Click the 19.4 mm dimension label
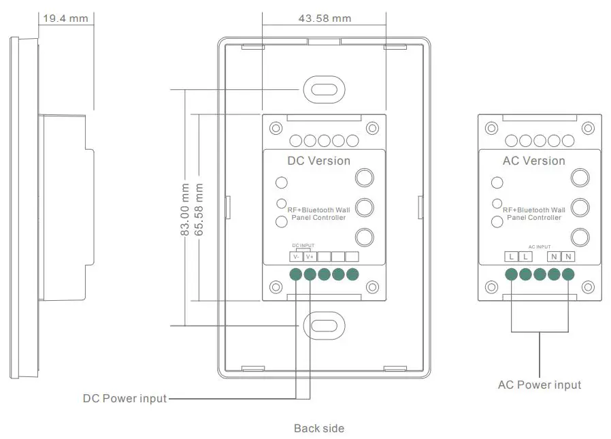click(x=65, y=18)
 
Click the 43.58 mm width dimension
click(x=325, y=18)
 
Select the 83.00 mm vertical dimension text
click(x=184, y=209)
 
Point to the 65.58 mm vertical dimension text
click(x=199, y=209)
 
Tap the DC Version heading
click(x=318, y=161)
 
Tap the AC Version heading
click(x=533, y=161)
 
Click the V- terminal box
click(x=296, y=257)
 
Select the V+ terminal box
click(x=310, y=257)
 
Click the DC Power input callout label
click(x=125, y=399)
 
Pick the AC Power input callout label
click(x=540, y=385)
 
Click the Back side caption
click(x=319, y=429)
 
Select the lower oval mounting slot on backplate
click(x=325, y=325)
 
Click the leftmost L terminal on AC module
click(x=511, y=257)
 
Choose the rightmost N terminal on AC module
click(x=568, y=257)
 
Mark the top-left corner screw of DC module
click(x=276, y=128)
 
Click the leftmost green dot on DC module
click(x=296, y=274)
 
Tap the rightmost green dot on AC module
click(x=568, y=274)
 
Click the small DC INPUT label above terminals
click(x=303, y=245)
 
